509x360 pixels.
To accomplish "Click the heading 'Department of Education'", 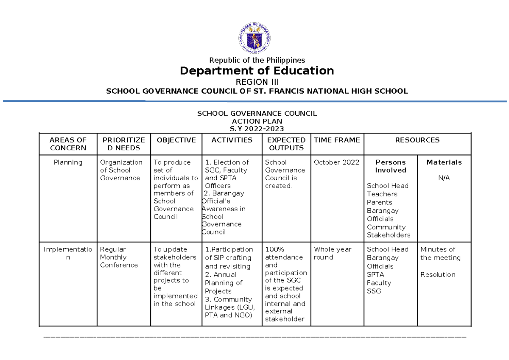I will tap(257, 70).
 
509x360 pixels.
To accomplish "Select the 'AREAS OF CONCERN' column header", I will tap(68, 144).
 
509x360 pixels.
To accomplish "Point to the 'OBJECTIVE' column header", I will tap(176, 140).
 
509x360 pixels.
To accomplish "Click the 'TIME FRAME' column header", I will tap(337, 140).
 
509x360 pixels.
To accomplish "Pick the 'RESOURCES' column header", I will tap(417, 140).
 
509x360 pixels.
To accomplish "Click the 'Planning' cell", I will tap(68, 162).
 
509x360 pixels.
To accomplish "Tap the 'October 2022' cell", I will tap(336, 162).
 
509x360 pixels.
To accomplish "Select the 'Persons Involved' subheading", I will tap(391, 166).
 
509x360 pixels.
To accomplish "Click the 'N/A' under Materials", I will tap(444, 178).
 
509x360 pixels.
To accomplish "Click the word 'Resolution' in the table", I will tap(438, 275).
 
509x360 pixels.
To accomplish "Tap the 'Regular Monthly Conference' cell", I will tap(119, 257).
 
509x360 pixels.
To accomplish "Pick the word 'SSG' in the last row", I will tap(374, 291).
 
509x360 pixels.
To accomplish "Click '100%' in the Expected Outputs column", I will tap(275, 249).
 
